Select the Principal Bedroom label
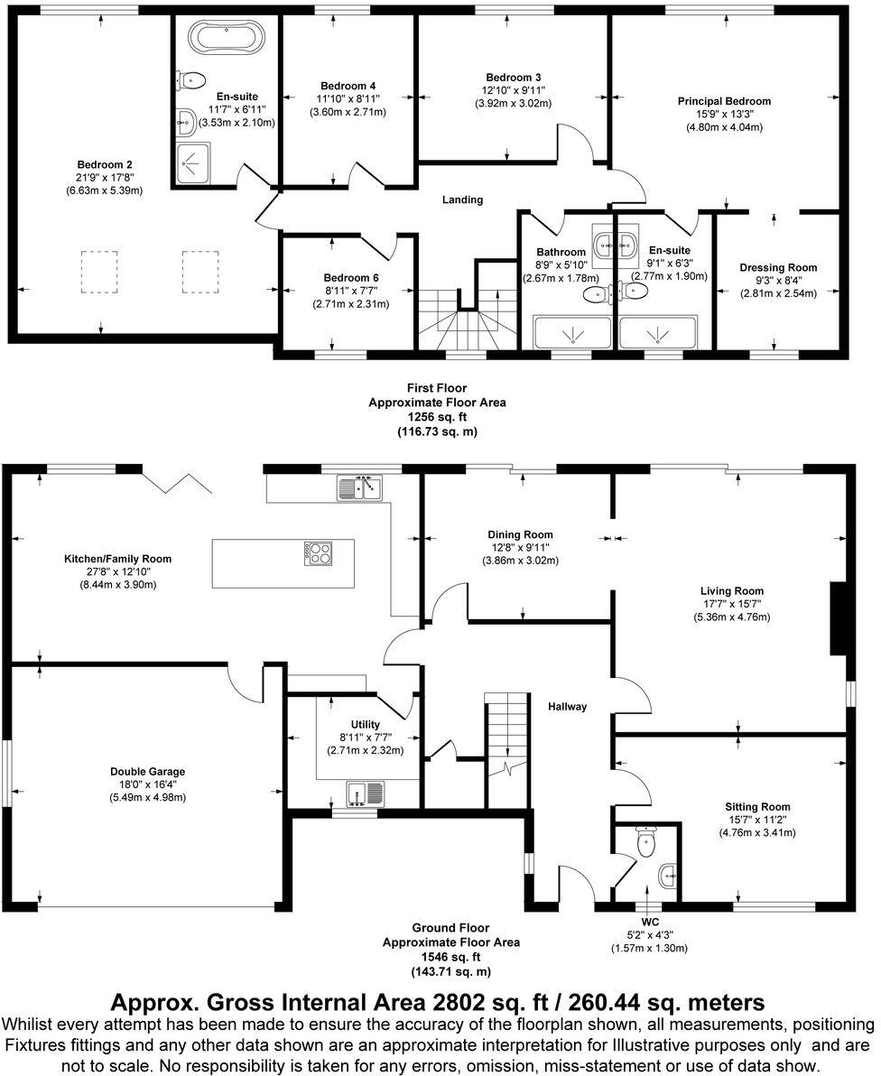(x=724, y=101)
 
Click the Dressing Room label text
(x=777, y=267)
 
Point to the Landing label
(x=462, y=199)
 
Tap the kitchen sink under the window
(x=360, y=488)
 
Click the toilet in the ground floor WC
(x=645, y=844)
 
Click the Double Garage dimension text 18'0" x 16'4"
(x=147, y=784)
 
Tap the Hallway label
(x=566, y=707)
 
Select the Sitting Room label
(x=756, y=807)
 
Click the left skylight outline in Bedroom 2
(x=99, y=271)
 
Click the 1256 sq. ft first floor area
(x=437, y=417)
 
